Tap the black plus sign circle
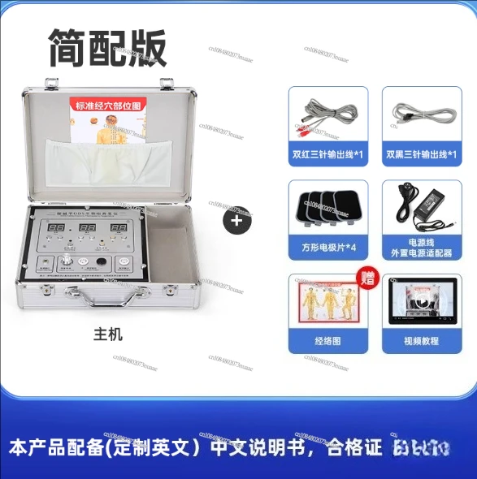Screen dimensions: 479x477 tap(237, 220)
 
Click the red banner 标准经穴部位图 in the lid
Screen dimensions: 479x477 tap(109, 105)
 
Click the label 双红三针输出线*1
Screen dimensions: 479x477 tap(328, 153)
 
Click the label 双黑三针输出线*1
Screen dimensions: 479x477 tap(422, 153)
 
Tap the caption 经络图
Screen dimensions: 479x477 tap(328, 342)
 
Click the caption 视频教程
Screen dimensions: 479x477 tap(422, 342)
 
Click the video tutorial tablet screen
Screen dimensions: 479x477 tap(422, 304)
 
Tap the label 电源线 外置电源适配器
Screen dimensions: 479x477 tap(422, 247)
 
